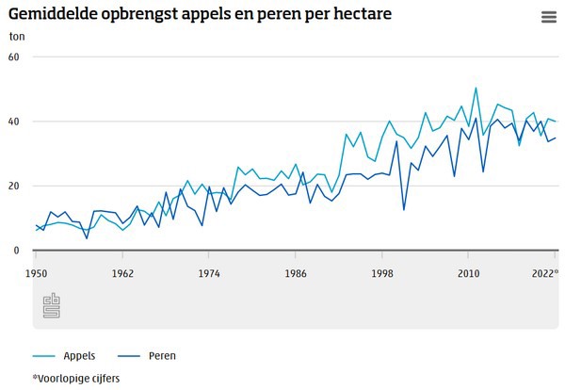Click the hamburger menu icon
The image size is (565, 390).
[x=549, y=17]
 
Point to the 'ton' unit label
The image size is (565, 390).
[x=17, y=37]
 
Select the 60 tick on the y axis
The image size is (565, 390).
[x=13, y=57]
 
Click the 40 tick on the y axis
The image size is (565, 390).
[x=13, y=122]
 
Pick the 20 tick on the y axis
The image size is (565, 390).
[x=13, y=186]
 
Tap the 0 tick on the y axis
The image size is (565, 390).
[x=16, y=251]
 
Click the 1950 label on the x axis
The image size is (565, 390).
[x=37, y=273]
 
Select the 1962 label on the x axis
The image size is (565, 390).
[x=122, y=273]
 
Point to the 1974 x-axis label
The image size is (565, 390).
[x=209, y=273]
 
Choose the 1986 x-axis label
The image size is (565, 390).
[x=296, y=273]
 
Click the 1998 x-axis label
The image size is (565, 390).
[x=382, y=273]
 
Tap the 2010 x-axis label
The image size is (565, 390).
[x=469, y=273]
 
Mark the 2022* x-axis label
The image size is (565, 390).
[x=543, y=273]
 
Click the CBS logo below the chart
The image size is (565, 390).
[x=52, y=305]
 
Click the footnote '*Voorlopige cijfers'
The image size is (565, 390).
[x=76, y=378]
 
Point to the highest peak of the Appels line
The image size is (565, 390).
[x=476, y=89]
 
